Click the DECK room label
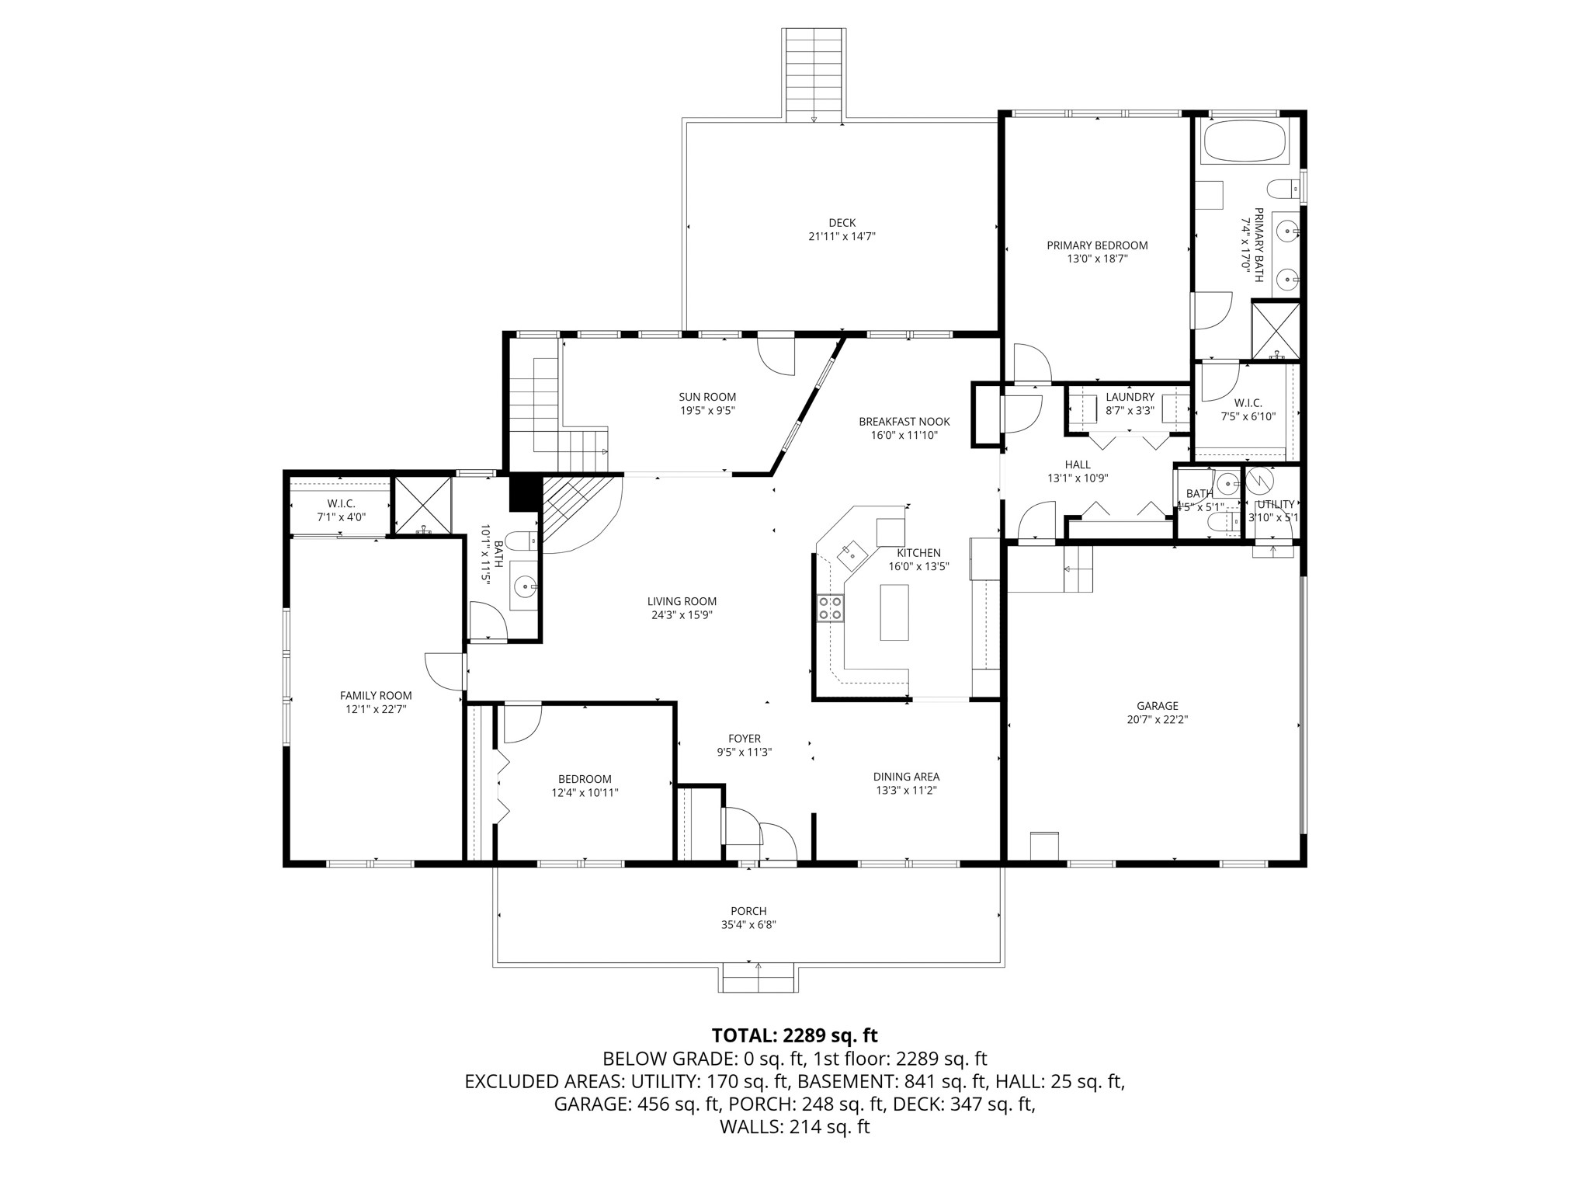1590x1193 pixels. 842,223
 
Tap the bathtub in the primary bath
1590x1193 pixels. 1245,141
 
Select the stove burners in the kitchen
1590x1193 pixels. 830,607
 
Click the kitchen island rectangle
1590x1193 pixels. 894,612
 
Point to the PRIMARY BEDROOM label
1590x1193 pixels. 1096,245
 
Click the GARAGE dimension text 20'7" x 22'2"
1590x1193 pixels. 1157,719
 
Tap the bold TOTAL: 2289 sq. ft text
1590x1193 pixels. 794,1035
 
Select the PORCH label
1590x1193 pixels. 748,911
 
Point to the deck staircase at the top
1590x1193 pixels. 814,74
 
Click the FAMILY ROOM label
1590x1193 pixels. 376,695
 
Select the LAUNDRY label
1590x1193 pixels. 1130,397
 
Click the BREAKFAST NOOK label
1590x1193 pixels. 904,422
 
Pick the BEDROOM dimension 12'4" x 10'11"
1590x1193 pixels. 585,792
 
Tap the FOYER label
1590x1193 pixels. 744,739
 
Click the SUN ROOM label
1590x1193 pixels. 706,397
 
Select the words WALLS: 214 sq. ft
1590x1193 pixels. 794,1127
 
